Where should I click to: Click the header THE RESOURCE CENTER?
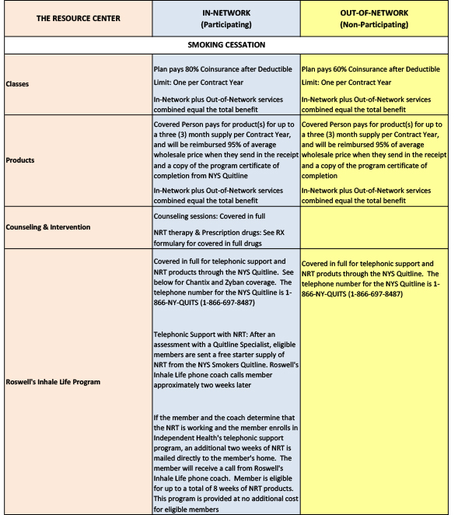tap(79, 18)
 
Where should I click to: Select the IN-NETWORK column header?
tap(225, 13)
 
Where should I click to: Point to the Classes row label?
tap(19, 84)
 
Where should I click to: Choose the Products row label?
tap(21, 159)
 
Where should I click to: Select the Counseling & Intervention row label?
tap(48, 227)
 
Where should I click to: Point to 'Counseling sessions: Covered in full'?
tap(208, 214)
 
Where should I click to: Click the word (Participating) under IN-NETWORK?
tap(225, 25)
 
